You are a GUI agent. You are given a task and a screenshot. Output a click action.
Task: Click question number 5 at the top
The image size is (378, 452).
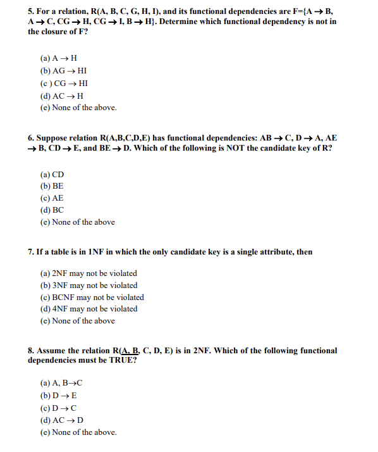pyautogui.click(x=31, y=11)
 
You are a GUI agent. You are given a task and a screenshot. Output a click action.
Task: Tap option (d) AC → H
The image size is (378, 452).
pyautogui.click(x=61, y=96)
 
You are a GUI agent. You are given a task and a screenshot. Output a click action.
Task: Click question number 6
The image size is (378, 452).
pyautogui.click(x=31, y=137)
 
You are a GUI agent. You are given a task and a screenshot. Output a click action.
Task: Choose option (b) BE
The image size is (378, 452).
pyautogui.click(x=52, y=187)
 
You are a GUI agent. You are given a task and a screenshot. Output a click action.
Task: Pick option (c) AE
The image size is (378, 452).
pyautogui.click(x=52, y=199)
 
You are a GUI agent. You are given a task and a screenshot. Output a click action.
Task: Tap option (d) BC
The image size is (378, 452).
pyautogui.click(x=52, y=210)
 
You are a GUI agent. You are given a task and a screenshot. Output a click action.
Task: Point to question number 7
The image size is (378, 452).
pyautogui.click(x=31, y=251)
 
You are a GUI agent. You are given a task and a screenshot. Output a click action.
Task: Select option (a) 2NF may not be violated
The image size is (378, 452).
pyautogui.click(x=88, y=273)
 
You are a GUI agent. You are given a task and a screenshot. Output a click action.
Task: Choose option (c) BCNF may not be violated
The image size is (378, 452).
pyautogui.click(x=92, y=297)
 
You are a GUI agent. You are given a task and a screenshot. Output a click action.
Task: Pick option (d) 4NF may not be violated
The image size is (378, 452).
pyautogui.click(x=88, y=309)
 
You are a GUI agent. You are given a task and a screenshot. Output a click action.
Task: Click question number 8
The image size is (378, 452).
pyautogui.click(x=31, y=350)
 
